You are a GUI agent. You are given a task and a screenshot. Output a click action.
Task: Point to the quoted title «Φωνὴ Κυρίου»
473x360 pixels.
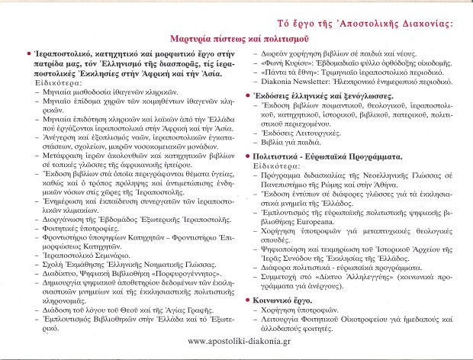pyautogui.click(x=282, y=64)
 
